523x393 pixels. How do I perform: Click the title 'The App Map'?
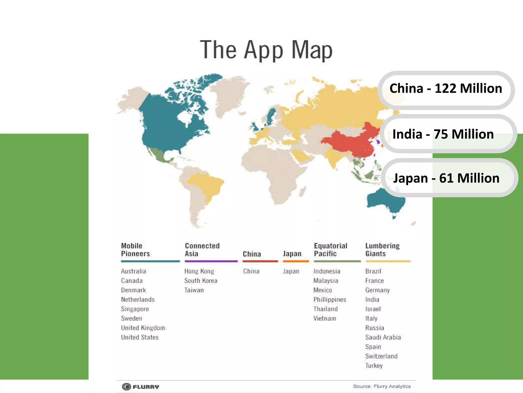266,50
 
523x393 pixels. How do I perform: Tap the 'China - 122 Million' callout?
446,89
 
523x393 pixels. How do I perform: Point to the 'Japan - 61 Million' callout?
446,178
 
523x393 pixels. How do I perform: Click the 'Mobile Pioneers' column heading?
135,250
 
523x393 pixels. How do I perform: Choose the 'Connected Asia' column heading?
202,250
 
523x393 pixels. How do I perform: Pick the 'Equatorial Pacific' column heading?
330,250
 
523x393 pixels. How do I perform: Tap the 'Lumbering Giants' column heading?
382,250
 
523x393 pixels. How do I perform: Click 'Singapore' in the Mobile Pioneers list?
135,309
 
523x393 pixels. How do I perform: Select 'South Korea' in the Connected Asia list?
201,281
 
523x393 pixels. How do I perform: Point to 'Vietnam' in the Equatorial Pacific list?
325,319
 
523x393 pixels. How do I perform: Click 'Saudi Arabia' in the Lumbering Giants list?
383,337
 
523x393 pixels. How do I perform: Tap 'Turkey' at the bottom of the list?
374,366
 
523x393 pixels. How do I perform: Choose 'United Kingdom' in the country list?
143,328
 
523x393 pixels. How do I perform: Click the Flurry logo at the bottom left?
140,387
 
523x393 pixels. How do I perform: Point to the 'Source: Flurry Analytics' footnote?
382,386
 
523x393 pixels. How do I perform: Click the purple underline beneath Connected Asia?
211,261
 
